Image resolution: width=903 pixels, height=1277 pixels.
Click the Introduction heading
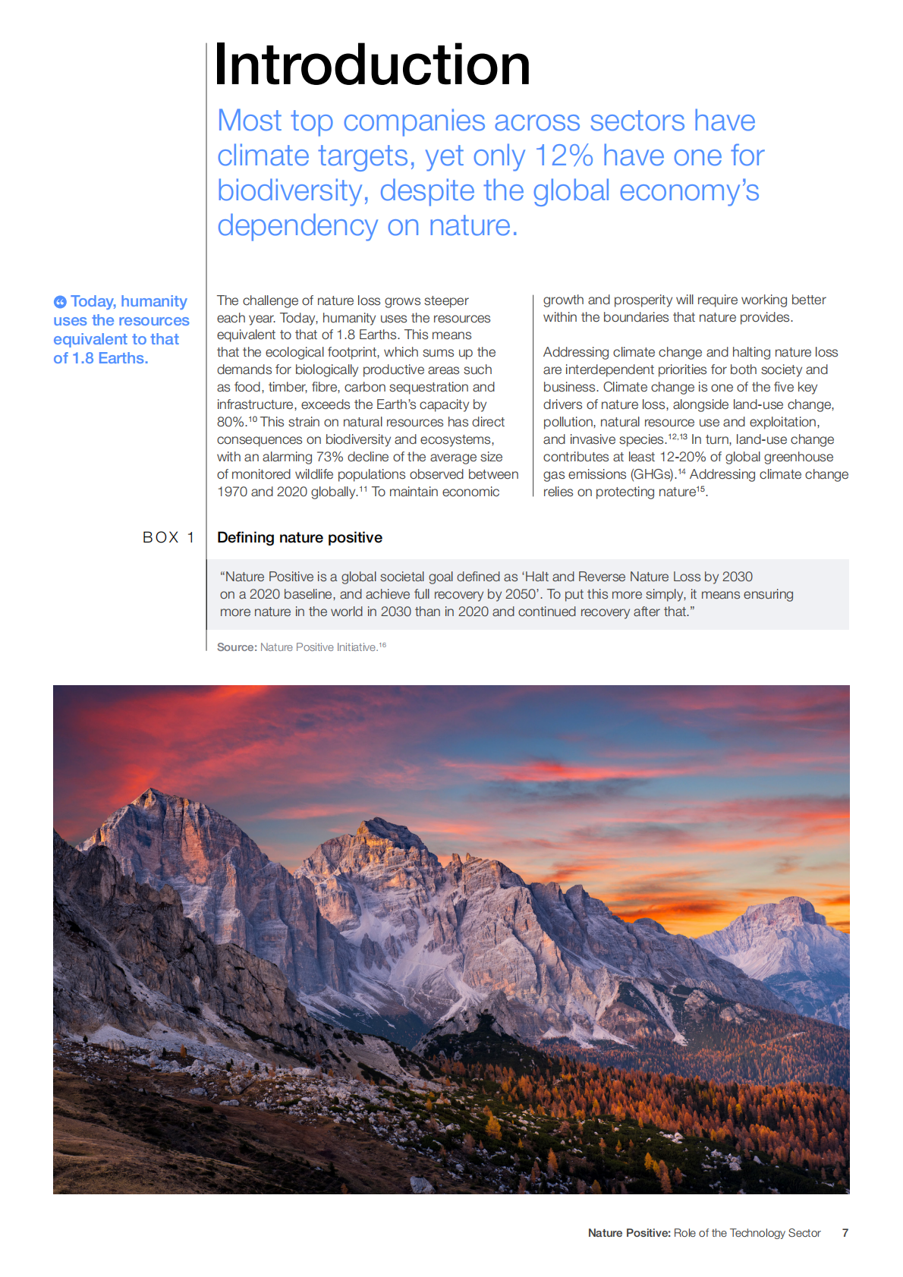[372, 65]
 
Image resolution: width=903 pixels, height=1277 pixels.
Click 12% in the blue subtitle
[564, 156]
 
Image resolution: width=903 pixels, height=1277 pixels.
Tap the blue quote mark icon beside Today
[60, 302]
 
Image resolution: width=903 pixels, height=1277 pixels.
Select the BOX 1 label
[168, 537]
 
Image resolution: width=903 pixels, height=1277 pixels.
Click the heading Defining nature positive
[300, 537]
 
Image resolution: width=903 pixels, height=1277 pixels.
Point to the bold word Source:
[237, 647]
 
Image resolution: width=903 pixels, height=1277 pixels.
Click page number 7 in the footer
[845, 1233]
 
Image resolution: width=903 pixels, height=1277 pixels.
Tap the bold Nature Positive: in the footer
[629, 1233]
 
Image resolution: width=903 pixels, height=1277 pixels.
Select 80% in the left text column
[231, 422]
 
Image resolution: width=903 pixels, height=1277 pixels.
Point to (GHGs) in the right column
[653, 474]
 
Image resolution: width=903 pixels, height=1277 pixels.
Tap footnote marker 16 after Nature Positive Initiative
[382, 645]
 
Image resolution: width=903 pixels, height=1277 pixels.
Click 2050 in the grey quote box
[521, 594]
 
